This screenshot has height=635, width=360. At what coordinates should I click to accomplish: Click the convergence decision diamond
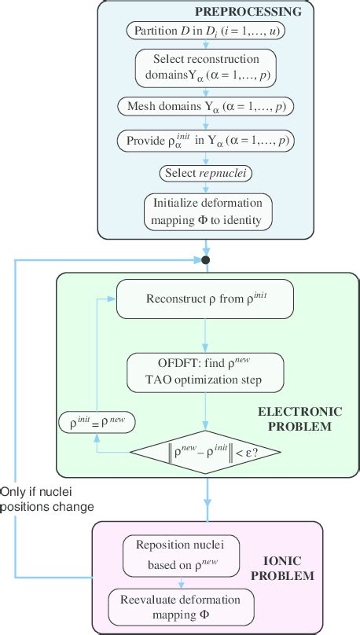207,451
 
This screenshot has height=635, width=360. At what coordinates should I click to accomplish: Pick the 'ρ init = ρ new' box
96,423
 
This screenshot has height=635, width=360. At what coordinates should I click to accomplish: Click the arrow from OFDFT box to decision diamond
207,411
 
